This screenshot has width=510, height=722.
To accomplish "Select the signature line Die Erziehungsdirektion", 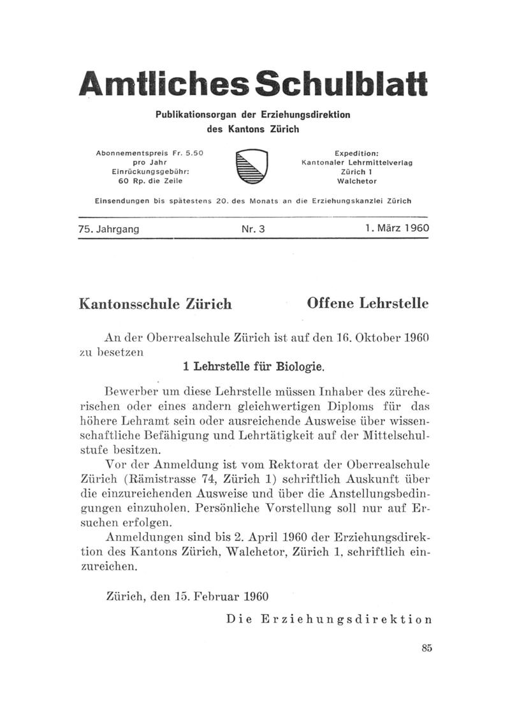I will click(329, 619).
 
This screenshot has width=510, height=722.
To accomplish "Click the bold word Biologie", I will click(299, 367).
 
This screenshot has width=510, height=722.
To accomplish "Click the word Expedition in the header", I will click(356, 154).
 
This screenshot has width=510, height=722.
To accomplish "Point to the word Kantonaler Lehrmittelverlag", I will click(356, 163).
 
